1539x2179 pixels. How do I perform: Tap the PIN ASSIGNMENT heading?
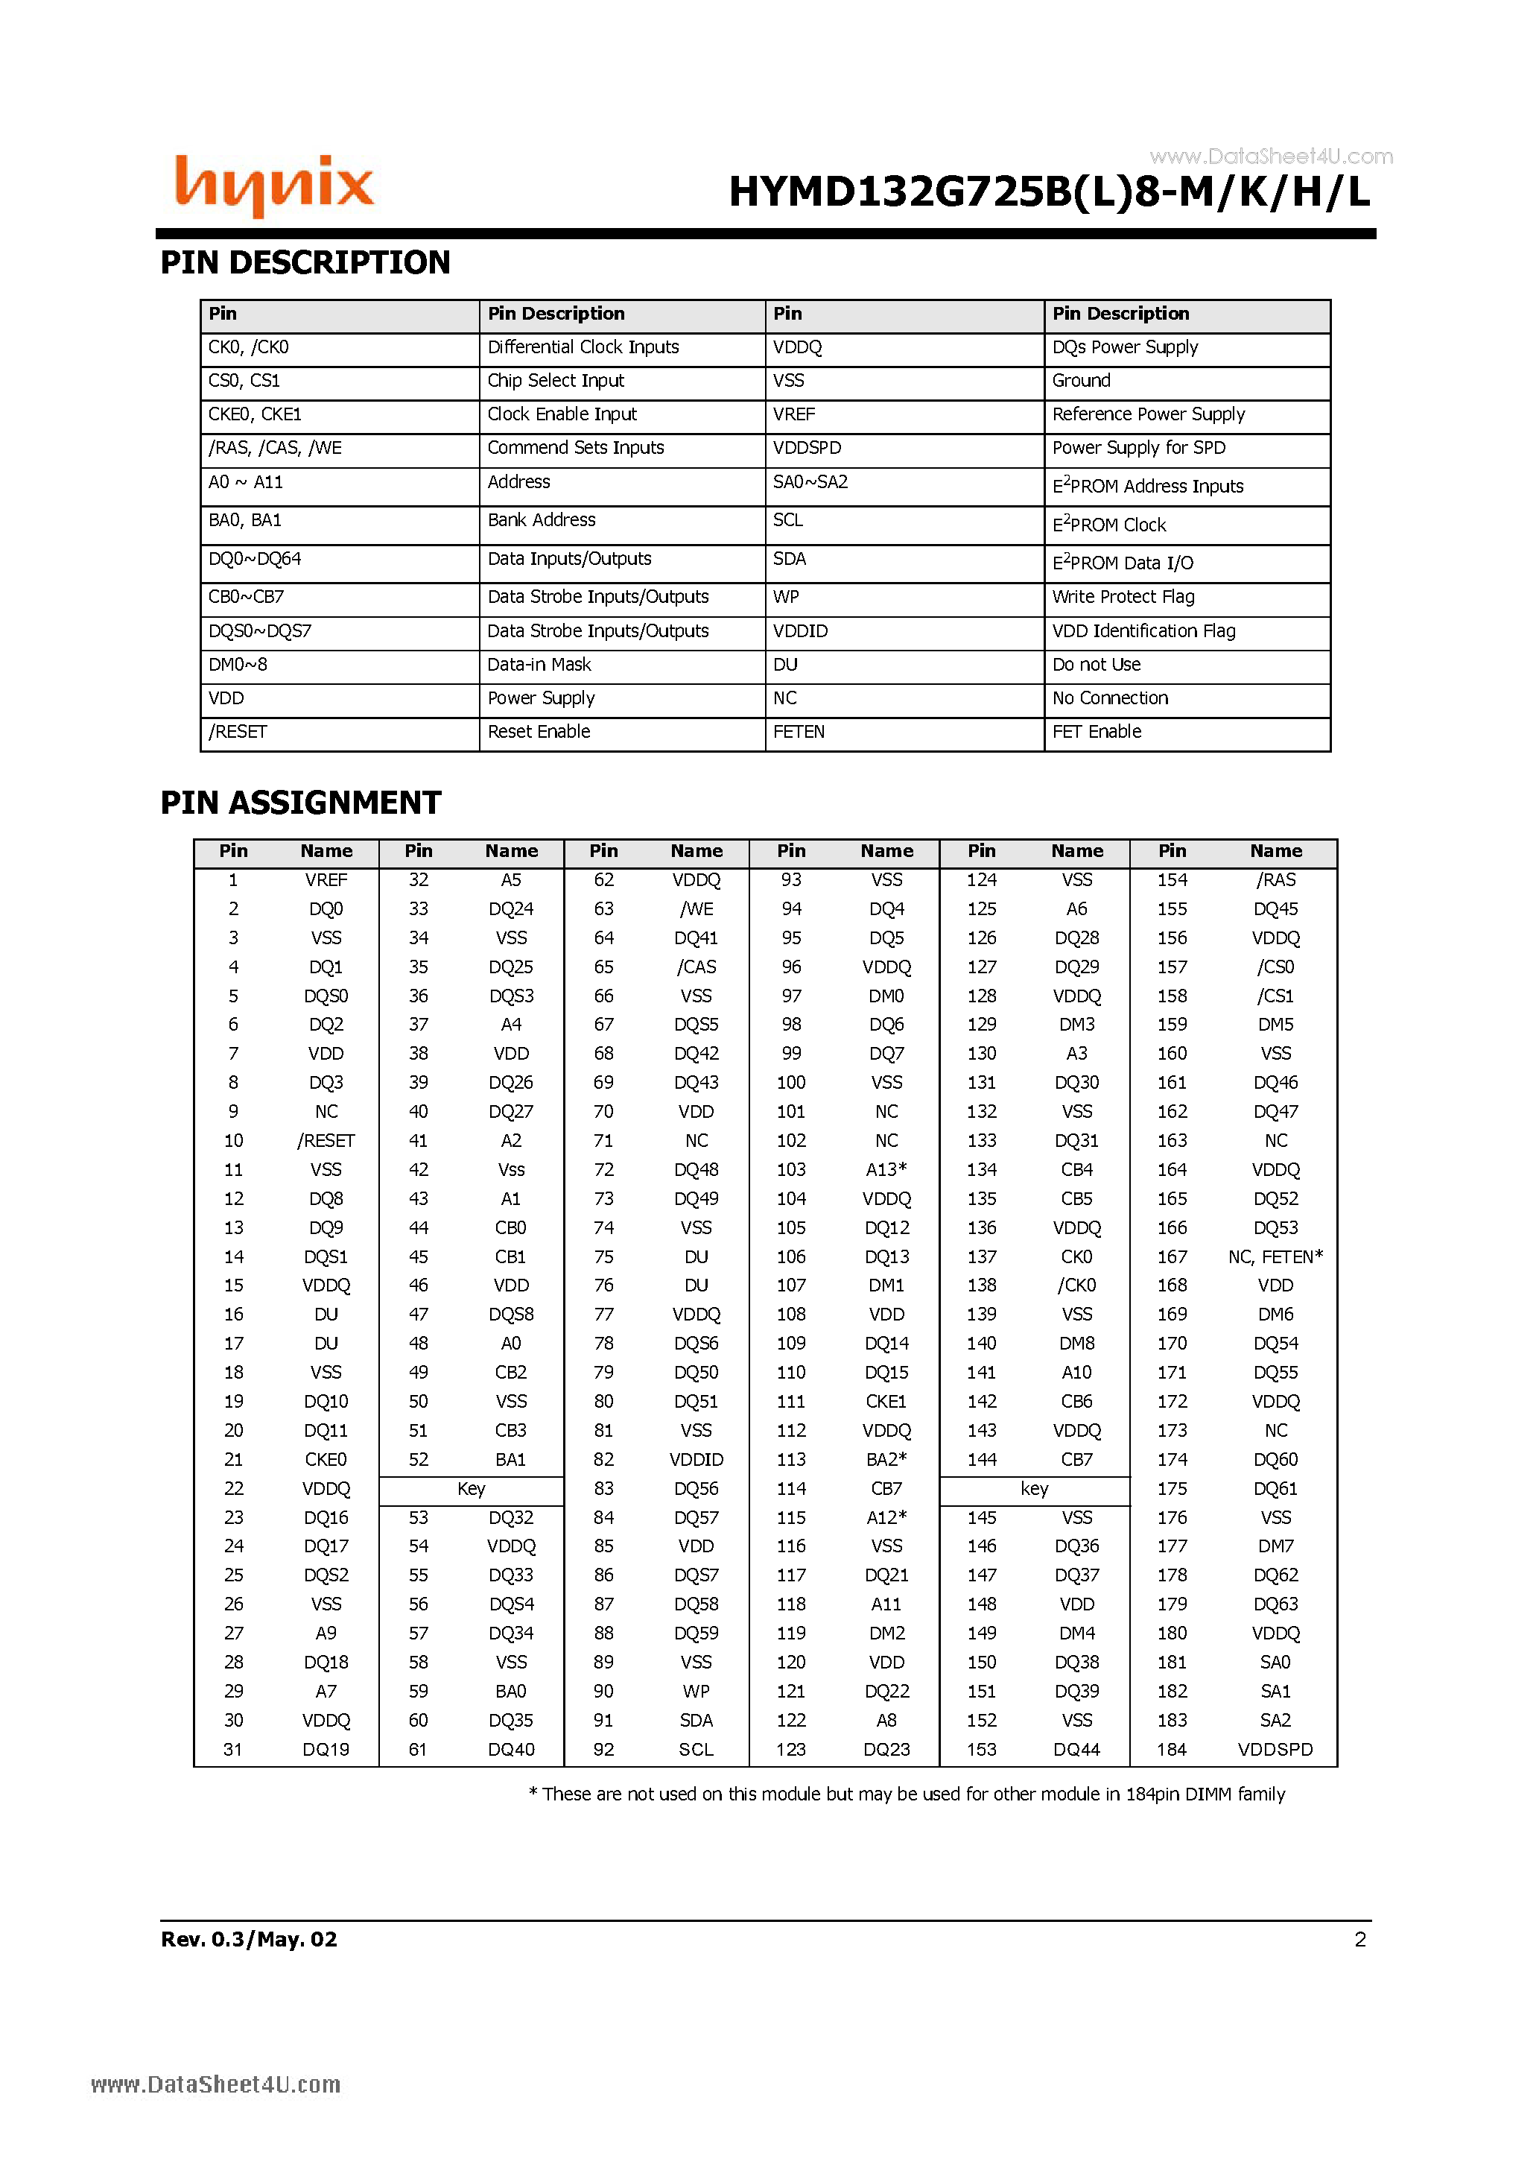(301, 803)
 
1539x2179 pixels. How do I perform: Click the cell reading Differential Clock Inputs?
(583, 347)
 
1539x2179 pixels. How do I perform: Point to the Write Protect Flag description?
(1123, 597)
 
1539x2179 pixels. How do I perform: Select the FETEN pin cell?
(798, 732)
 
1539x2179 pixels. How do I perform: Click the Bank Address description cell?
(541, 520)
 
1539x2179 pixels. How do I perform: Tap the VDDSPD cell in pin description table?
(807, 448)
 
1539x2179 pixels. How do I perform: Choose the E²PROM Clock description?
(1108, 525)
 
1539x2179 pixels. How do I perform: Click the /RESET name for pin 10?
(326, 1141)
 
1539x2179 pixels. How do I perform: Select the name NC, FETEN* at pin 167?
(1275, 1256)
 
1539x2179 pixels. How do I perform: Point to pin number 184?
(1171, 1749)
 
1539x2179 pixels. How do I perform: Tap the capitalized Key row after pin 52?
(471, 1489)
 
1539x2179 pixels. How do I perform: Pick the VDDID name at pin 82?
(696, 1460)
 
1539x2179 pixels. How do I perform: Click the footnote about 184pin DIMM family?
(906, 1794)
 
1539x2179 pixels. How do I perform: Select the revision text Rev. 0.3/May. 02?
(249, 1939)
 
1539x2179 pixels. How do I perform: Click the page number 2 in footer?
(1359, 1939)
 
